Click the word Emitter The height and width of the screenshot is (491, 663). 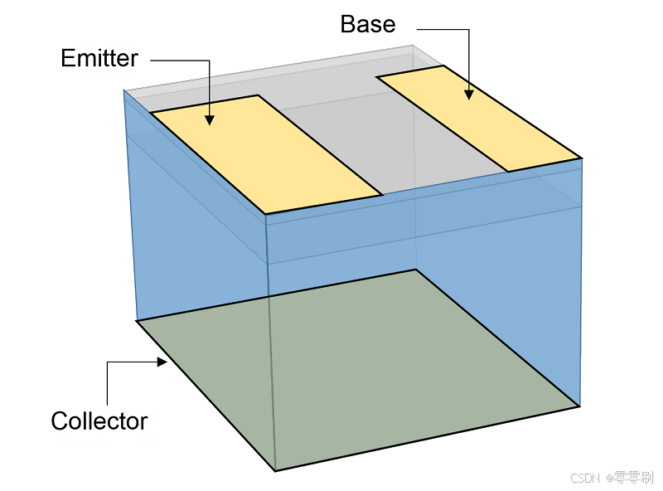(x=99, y=58)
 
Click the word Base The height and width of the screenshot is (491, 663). (x=367, y=23)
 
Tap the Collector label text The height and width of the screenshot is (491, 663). (x=99, y=421)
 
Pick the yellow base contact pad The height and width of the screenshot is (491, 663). (x=479, y=118)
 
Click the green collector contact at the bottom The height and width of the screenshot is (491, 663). (x=356, y=373)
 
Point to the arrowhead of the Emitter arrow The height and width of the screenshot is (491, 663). (x=210, y=120)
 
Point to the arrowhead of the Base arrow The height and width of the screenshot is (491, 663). (x=469, y=95)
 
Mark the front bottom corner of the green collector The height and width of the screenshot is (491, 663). (x=275, y=470)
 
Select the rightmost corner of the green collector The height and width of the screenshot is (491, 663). (x=578, y=406)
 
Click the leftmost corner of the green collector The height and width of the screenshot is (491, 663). (x=137, y=320)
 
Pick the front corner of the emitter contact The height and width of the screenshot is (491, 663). (x=266, y=214)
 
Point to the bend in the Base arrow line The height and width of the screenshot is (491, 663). (x=469, y=30)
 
